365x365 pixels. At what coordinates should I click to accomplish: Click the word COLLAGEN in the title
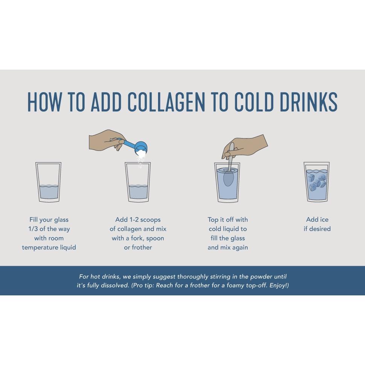click(x=166, y=102)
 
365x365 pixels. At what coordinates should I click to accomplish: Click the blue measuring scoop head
click(x=141, y=148)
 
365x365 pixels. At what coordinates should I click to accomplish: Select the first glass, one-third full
click(x=49, y=182)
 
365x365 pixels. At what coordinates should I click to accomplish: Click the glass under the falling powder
click(x=138, y=182)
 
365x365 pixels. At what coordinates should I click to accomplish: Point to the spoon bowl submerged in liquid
click(x=228, y=178)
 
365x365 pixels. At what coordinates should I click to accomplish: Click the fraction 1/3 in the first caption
click(x=33, y=229)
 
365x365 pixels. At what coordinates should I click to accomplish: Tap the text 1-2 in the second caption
click(x=134, y=219)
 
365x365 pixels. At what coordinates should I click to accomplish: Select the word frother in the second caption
click(x=142, y=247)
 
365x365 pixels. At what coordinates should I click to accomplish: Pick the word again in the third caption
click(x=240, y=248)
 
